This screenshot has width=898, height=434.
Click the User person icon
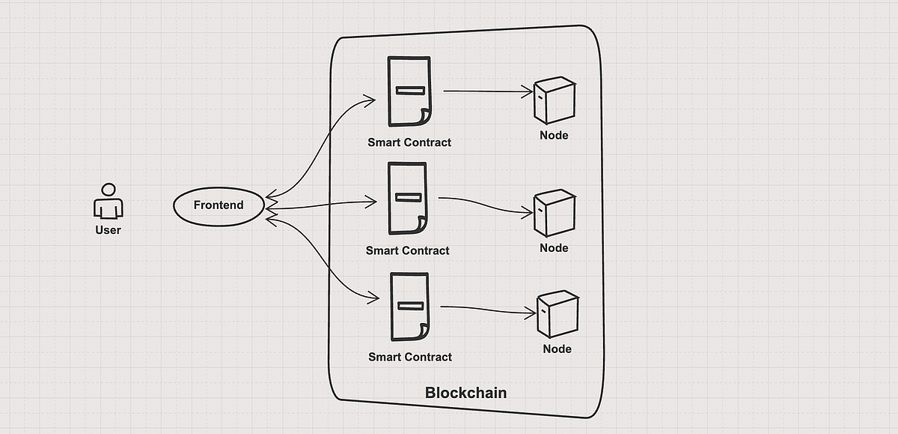(x=109, y=201)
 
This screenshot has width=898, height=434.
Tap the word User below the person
(x=108, y=230)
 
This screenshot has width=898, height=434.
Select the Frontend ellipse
(x=219, y=205)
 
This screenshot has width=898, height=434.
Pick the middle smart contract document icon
(x=407, y=199)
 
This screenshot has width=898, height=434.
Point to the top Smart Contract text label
(x=409, y=142)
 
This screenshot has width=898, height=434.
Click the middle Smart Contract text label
(x=408, y=250)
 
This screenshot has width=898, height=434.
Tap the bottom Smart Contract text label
(x=410, y=357)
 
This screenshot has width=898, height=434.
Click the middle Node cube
(x=555, y=213)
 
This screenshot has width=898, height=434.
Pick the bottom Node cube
(x=558, y=314)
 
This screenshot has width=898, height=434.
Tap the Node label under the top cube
(x=554, y=136)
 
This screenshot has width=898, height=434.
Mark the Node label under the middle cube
(x=555, y=248)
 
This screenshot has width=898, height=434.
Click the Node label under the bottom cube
(x=558, y=349)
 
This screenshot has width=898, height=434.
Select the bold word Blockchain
(x=465, y=393)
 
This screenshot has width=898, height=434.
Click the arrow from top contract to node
(x=486, y=91)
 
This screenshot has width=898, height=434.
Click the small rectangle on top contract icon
(x=410, y=91)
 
